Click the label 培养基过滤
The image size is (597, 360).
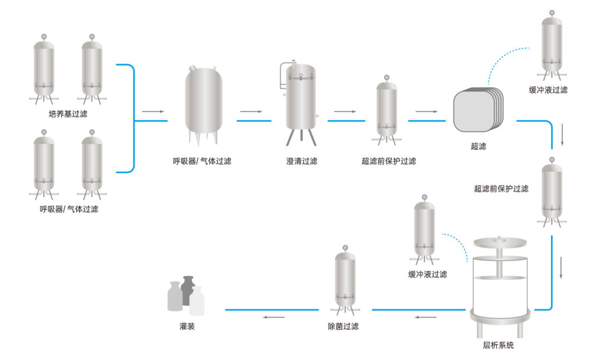(68, 114)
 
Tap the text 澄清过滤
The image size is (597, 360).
(301, 161)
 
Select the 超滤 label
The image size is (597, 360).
(478, 146)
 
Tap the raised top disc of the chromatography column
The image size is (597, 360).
(500, 240)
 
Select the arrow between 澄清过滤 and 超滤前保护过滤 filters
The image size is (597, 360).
(345, 111)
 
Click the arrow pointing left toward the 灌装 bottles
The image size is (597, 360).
(273, 317)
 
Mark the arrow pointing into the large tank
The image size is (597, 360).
(153, 111)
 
